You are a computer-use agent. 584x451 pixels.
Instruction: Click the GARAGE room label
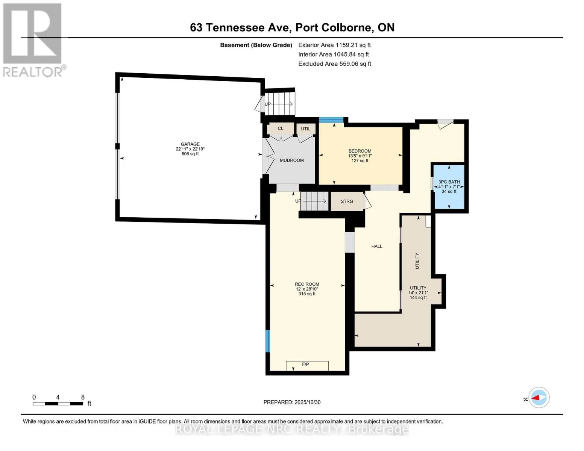coord(190,144)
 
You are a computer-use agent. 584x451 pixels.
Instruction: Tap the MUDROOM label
coord(291,160)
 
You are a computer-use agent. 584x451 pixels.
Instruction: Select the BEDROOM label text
coord(360,151)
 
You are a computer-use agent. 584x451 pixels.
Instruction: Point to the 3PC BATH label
coord(449,182)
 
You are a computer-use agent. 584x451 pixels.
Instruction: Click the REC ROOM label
coord(307,284)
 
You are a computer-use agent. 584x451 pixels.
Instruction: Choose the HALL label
coord(377,246)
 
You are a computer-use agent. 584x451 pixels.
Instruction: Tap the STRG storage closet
coord(347,201)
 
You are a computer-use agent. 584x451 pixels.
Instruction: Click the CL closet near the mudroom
coord(280,129)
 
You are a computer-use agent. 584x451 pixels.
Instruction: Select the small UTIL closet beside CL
coord(306,129)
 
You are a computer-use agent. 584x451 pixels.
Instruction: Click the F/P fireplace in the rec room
coord(307,366)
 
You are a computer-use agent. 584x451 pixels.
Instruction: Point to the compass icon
coord(539,398)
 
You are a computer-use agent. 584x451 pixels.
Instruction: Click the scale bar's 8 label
coord(83,397)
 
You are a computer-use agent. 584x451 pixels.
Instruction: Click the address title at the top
coord(292,27)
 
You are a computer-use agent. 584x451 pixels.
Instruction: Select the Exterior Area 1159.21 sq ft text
coord(334,45)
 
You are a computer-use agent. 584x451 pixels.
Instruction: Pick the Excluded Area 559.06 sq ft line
coord(335,64)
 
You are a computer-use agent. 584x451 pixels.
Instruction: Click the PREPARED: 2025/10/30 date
coord(292,402)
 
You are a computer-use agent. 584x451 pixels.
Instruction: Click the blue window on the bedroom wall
coord(331,120)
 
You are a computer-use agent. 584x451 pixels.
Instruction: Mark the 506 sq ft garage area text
coord(190,154)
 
